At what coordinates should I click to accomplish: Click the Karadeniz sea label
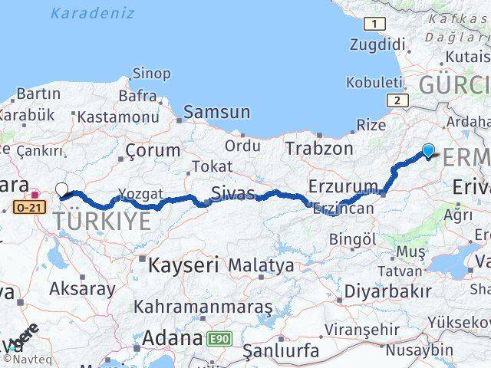92,13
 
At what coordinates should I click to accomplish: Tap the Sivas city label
233,193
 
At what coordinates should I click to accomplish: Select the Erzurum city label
343,186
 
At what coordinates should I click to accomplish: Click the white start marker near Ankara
61,189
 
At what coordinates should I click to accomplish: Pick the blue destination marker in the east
428,151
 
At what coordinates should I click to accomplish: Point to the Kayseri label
183,265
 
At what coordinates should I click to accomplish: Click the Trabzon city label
319,148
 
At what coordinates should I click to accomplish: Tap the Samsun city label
216,112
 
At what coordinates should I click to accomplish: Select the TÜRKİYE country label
102,222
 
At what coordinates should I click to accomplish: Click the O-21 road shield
30,206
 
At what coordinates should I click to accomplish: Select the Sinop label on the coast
151,74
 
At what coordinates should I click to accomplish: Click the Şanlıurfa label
281,351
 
